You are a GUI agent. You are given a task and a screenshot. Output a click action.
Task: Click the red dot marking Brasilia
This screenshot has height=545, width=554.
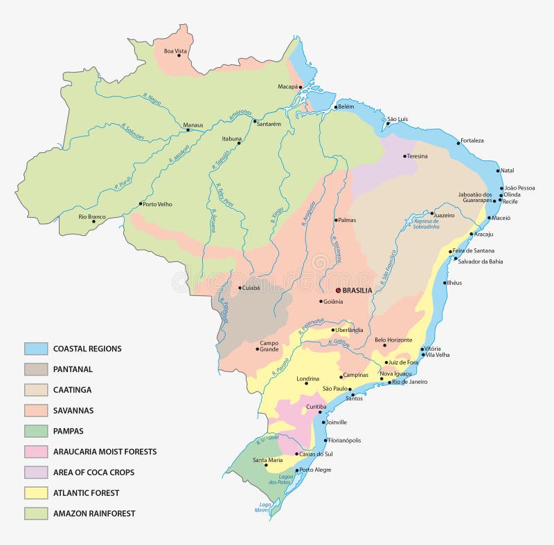tap(338, 290)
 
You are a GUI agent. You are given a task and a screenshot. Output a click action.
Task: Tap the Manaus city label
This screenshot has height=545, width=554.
tap(193, 125)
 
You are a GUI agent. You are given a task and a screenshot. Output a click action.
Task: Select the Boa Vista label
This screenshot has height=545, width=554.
tap(176, 50)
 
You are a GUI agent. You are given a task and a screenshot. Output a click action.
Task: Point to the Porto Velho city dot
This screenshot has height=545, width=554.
tap(141, 204)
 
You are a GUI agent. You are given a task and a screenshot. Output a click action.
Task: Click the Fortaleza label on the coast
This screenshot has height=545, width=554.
tap(472, 140)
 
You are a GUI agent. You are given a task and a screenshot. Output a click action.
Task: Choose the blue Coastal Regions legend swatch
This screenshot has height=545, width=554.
tap(36, 349)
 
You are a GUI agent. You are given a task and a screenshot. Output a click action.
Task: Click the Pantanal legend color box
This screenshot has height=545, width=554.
tap(36, 369)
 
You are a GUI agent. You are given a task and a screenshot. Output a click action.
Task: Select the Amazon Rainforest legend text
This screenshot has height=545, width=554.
tap(94, 513)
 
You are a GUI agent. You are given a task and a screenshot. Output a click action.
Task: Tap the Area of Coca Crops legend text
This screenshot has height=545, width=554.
tap(93, 472)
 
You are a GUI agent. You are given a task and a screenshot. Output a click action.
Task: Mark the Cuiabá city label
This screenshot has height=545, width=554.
tap(249, 288)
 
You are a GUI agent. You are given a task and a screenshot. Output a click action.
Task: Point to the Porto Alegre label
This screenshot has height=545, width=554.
tap(315, 470)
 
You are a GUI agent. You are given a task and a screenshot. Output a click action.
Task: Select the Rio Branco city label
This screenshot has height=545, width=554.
tap(91, 216)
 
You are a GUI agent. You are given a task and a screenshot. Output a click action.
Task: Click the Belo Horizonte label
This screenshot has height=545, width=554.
tap(393, 340)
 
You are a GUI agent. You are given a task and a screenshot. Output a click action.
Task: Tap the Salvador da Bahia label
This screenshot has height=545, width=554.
tap(479, 261)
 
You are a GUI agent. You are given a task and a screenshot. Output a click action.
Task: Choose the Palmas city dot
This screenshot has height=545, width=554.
tap(335, 221)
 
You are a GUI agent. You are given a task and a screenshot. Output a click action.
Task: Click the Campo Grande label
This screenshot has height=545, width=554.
tap(269, 346)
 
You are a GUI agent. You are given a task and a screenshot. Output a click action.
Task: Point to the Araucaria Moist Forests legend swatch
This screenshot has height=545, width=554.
tap(36, 452)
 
